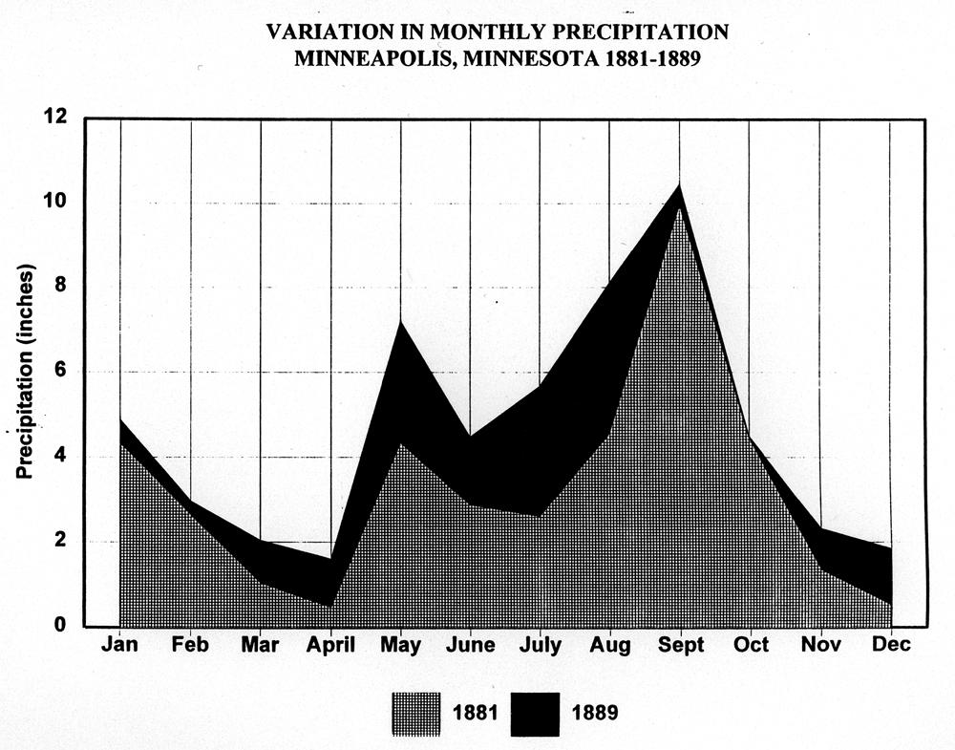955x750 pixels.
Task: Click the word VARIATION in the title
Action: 325,32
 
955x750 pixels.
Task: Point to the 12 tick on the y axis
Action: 57,118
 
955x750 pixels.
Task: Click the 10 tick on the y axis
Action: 57,203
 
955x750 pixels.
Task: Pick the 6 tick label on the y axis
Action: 63,372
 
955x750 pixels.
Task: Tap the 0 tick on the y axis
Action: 63,627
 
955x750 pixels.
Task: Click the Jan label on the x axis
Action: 120,645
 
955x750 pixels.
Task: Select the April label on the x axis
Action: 330,645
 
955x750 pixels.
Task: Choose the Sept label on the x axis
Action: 680,645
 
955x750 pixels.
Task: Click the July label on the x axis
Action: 541,645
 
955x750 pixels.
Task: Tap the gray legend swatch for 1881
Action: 415,713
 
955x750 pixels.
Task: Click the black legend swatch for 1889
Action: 535,713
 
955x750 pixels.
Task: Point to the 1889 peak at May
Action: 401,323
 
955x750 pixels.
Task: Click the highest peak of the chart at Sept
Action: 679,184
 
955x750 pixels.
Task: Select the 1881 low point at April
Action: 330,606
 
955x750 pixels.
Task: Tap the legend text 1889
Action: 595,713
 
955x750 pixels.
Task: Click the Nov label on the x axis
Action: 820,645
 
